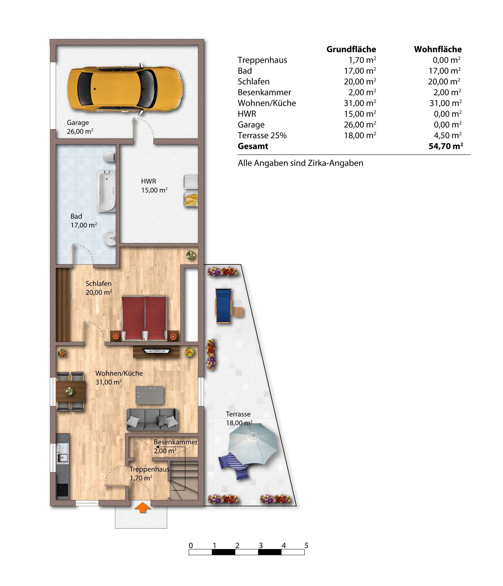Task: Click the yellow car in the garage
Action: tap(125, 89)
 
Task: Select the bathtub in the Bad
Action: tap(106, 191)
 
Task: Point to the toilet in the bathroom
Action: tap(110, 157)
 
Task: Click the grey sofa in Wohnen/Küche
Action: tap(152, 419)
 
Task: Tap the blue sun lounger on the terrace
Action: tap(224, 306)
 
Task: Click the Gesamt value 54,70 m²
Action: tap(446, 146)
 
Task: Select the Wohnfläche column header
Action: tap(438, 49)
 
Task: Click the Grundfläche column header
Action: tap(351, 49)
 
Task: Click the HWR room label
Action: tap(149, 181)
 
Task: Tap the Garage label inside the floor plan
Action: tap(78, 123)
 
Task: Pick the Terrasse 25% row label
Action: tap(262, 135)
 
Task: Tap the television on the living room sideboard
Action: tap(157, 351)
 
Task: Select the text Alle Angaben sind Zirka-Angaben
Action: tap(300, 163)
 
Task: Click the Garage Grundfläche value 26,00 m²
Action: tap(360, 124)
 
